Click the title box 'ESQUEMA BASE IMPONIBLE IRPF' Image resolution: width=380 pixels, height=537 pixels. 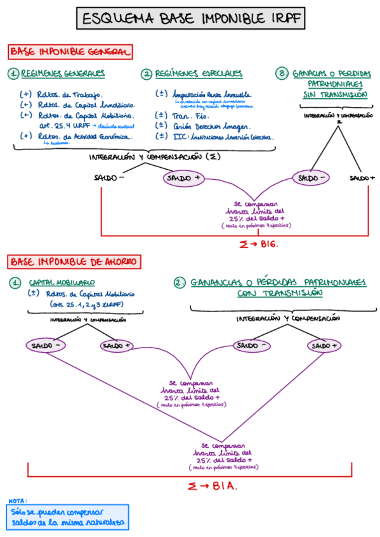coord(190,18)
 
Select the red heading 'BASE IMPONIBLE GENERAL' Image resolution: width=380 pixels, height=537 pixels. coord(70,51)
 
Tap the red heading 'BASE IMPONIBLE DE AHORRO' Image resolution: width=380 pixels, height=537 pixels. coord(74,261)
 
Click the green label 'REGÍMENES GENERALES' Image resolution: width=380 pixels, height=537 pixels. coord(63,74)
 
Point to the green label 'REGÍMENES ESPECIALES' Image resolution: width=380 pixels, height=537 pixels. coord(199,74)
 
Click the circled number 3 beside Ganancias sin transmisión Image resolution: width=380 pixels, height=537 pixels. coord(282,74)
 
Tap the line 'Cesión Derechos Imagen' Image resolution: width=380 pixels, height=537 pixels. coord(207,126)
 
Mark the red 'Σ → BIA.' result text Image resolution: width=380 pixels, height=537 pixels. coord(213,486)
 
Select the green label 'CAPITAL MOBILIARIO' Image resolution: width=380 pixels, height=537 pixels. coord(62,282)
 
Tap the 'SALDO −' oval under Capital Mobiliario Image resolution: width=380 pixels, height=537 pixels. coord(44,345)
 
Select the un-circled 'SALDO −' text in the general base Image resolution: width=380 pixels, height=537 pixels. coord(109,178)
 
